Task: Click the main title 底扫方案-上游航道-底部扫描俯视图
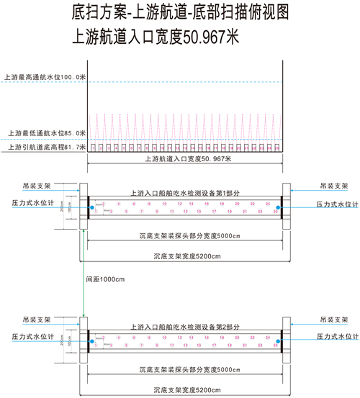180,13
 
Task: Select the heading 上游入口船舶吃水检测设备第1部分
184,194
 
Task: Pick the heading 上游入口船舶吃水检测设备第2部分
184,327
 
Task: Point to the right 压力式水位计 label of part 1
338,204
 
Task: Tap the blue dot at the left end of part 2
91,341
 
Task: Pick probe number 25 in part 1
275,213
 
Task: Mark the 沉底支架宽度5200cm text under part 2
183,389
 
